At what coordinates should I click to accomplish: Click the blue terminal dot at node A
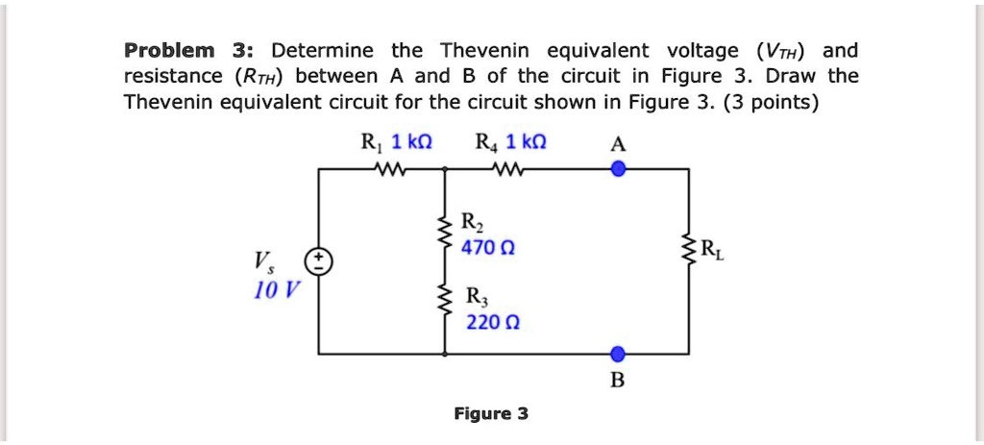point(619,169)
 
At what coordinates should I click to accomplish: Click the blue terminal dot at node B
point(619,354)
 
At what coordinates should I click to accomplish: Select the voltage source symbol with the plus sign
point(318,261)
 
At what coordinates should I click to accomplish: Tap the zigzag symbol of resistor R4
point(504,169)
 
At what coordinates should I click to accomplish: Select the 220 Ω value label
point(485,321)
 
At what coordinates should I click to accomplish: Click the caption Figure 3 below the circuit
point(491,414)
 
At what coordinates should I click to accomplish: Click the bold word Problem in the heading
point(167,51)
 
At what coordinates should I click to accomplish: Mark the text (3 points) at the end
point(768,102)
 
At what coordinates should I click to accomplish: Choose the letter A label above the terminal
point(619,144)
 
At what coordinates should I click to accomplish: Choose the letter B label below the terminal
point(618,381)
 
